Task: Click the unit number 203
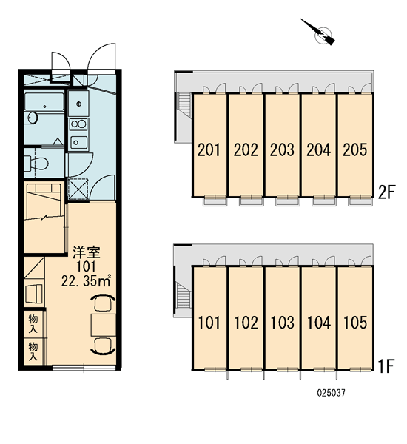point(282,149)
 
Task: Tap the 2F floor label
point(386,192)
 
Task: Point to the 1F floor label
point(386,366)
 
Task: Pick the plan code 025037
point(331,393)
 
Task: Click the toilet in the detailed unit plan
point(36,164)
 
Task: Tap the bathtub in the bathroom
point(44,101)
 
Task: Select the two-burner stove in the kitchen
point(78,124)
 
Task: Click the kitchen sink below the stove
point(78,142)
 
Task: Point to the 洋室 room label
point(87,253)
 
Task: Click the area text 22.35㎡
point(86,281)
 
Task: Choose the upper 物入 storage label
point(33,324)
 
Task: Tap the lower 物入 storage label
point(33,351)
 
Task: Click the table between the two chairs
point(104,325)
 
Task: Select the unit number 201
point(209,149)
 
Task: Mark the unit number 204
point(319,149)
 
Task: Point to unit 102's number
point(246,323)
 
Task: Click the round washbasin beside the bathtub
point(31,118)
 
